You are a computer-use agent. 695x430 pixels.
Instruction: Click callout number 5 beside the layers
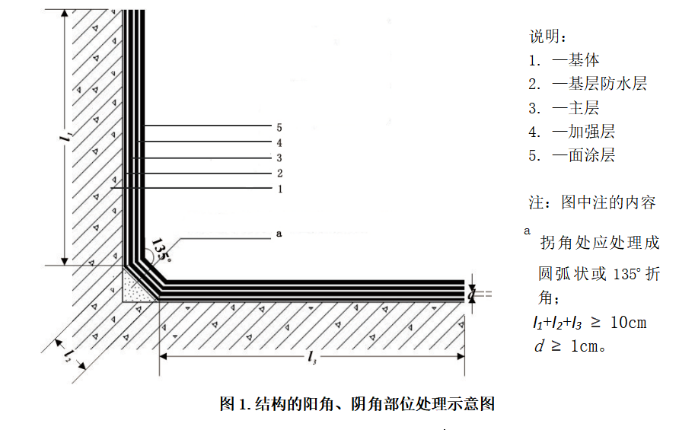[x=279, y=127]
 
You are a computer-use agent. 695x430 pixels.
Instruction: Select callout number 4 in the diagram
[x=279, y=142]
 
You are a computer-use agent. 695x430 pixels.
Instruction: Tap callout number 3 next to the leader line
[x=279, y=158]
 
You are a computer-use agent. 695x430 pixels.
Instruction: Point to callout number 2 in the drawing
[x=279, y=174]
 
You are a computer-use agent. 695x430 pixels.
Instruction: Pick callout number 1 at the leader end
[x=279, y=189]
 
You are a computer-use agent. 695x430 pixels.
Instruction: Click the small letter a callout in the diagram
[x=279, y=234]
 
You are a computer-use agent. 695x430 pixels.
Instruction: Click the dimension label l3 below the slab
[x=312, y=358]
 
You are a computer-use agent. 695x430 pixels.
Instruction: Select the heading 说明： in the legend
[x=547, y=36]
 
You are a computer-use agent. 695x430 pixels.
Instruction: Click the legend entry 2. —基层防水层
[x=588, y=84]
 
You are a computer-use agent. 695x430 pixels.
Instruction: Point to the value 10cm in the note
[x=629, y=323]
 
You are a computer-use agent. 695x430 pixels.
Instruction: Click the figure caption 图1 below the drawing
[x=357, y=403]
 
